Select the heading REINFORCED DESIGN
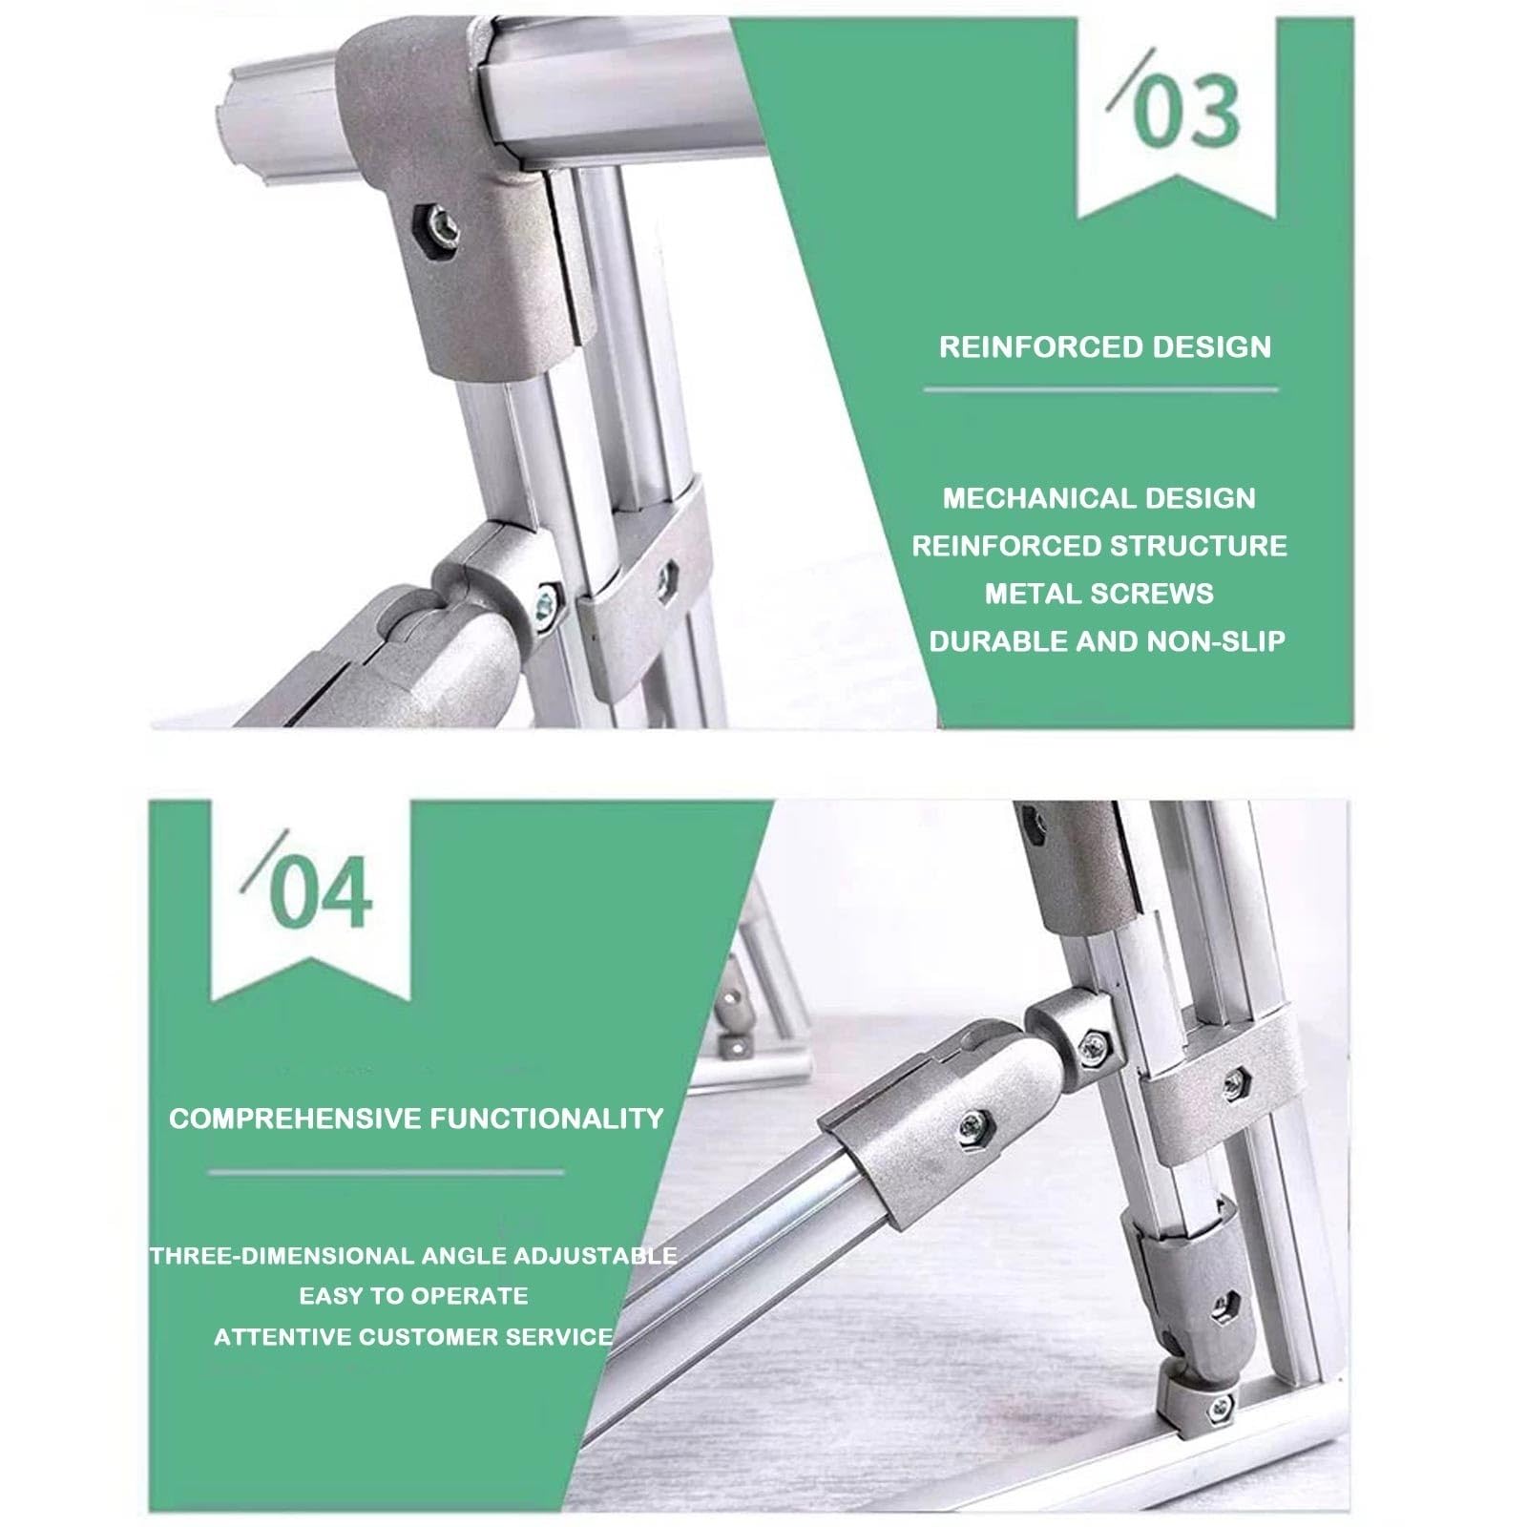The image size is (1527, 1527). (1105, 346)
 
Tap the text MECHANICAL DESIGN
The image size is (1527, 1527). (1099, 498)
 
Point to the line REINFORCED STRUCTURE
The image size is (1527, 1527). (1099, 546)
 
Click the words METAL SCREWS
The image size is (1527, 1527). (1099, 594)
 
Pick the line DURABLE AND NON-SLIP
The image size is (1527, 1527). (1107, 641)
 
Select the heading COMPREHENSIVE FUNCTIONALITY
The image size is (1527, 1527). (416, 1119)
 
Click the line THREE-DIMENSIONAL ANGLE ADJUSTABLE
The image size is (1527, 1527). (413, 1255)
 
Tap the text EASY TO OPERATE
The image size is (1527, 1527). (413, 1296)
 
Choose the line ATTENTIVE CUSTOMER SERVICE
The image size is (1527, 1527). (413, 1337)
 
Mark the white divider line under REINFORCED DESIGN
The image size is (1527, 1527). (1100, 389)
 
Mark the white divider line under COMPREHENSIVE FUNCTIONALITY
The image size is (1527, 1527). (386, 1171)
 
